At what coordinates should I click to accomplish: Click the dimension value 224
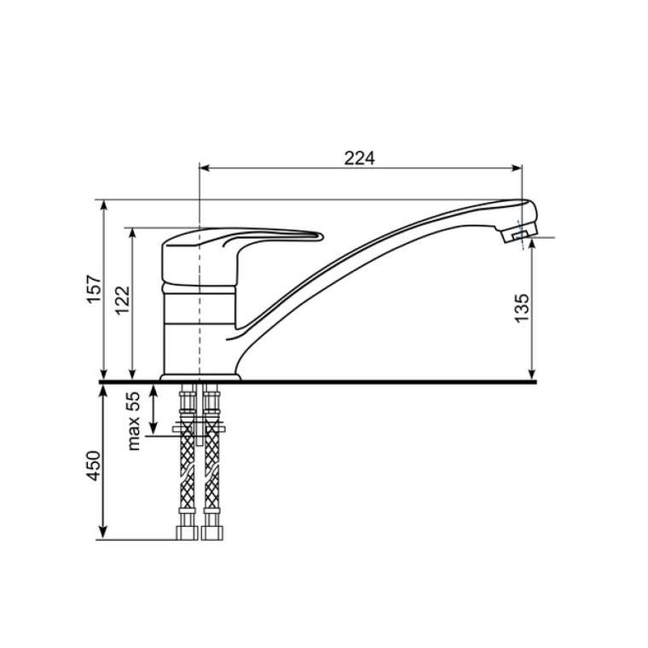click(360, 158)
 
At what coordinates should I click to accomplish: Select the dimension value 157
click(95, 289)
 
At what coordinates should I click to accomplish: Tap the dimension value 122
click(123, 300)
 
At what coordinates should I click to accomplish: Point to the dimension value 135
click(522, 308)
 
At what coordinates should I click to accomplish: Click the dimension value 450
click(94, 466)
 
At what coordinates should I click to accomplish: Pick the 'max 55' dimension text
click(135, 420)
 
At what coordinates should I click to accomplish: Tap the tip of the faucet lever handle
click(321, 236)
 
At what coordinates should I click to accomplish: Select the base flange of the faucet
click(200, 378)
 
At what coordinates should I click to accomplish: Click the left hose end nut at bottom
click(188, 533)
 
